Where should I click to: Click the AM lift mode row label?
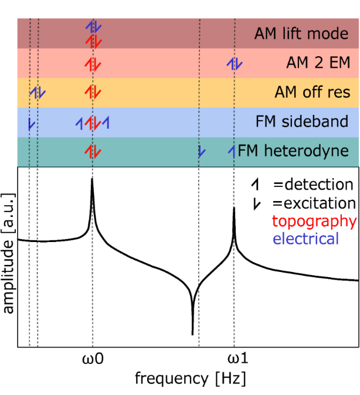pyautogui.click(x=301, y=33)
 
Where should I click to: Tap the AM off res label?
pyautogui.click(x=313, y=92)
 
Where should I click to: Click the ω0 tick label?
pyautogui.click(x=93, y=358)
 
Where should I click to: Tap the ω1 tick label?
pyautogui.click(x=235, y=358)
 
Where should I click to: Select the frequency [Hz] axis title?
pyautogui.click(x=190, y=378)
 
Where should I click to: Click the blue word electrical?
pyautogui.click(x=305, y=239)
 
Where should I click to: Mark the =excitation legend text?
pyautogui.click(x=314, y=203)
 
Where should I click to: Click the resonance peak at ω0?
pyautogui.click(x=92, y=180)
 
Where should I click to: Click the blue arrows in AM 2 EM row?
pyautogui.click(x=234, y=63)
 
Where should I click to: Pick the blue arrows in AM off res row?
pyautogui.click(x=38, y=92)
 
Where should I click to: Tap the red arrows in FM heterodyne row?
pyautogui.click(x=93, y=151)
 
